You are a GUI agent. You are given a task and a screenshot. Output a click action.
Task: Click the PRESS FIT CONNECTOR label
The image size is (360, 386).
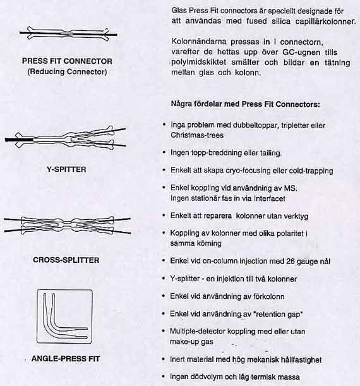[67, 61]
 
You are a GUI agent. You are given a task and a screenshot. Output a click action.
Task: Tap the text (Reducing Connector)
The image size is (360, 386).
[67, 71]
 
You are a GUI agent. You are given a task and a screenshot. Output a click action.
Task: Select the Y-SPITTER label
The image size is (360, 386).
[66, 169]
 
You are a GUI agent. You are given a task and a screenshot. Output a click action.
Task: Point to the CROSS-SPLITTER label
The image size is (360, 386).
[66, 260]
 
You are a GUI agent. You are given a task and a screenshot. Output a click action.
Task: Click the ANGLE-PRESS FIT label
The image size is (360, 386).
[66, 359]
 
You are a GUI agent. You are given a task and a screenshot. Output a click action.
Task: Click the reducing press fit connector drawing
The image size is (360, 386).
[68, 33]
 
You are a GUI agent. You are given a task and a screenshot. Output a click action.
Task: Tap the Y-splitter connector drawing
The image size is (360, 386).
[66, 137]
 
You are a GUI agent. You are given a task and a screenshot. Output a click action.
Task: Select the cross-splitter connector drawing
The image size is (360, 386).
[68, 225]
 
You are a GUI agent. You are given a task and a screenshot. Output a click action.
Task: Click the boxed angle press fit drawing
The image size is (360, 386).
[64, 317]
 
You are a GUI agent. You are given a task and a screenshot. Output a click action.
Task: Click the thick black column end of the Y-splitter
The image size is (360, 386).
[19, 140]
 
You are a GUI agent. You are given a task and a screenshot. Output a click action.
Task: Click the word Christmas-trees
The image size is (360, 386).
[197, 135]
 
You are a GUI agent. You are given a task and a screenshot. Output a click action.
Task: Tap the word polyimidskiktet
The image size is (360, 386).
[199, 63]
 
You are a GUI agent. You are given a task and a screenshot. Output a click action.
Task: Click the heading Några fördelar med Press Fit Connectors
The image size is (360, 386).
[245, 104]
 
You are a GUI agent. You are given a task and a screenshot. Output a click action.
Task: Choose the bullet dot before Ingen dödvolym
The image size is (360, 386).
[164, 376]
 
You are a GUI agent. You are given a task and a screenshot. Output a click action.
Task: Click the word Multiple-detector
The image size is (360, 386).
[197, 331]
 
